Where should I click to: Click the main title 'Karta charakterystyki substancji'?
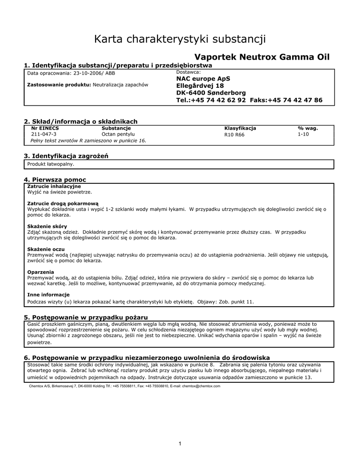(180, 39)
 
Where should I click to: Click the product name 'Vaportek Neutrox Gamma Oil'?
(262, 57)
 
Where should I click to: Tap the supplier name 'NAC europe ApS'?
(203, 79)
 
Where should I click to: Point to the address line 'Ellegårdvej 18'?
(200, 86)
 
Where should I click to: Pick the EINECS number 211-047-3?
(44, 134)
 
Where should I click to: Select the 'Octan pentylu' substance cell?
(118, 134)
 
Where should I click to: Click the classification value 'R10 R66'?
(234, 135)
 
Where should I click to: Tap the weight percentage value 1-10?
(303, 134)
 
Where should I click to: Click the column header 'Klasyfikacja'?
(240, 128)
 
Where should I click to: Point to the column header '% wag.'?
(308, 128)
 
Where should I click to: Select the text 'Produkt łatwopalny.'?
(51, 164)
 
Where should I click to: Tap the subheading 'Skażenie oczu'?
(46, 249)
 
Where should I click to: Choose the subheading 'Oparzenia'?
(41, 272)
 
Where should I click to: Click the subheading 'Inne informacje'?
(48, 294)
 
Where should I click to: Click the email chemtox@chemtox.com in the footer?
(201, 386)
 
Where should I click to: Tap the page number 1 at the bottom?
(180, 444)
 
